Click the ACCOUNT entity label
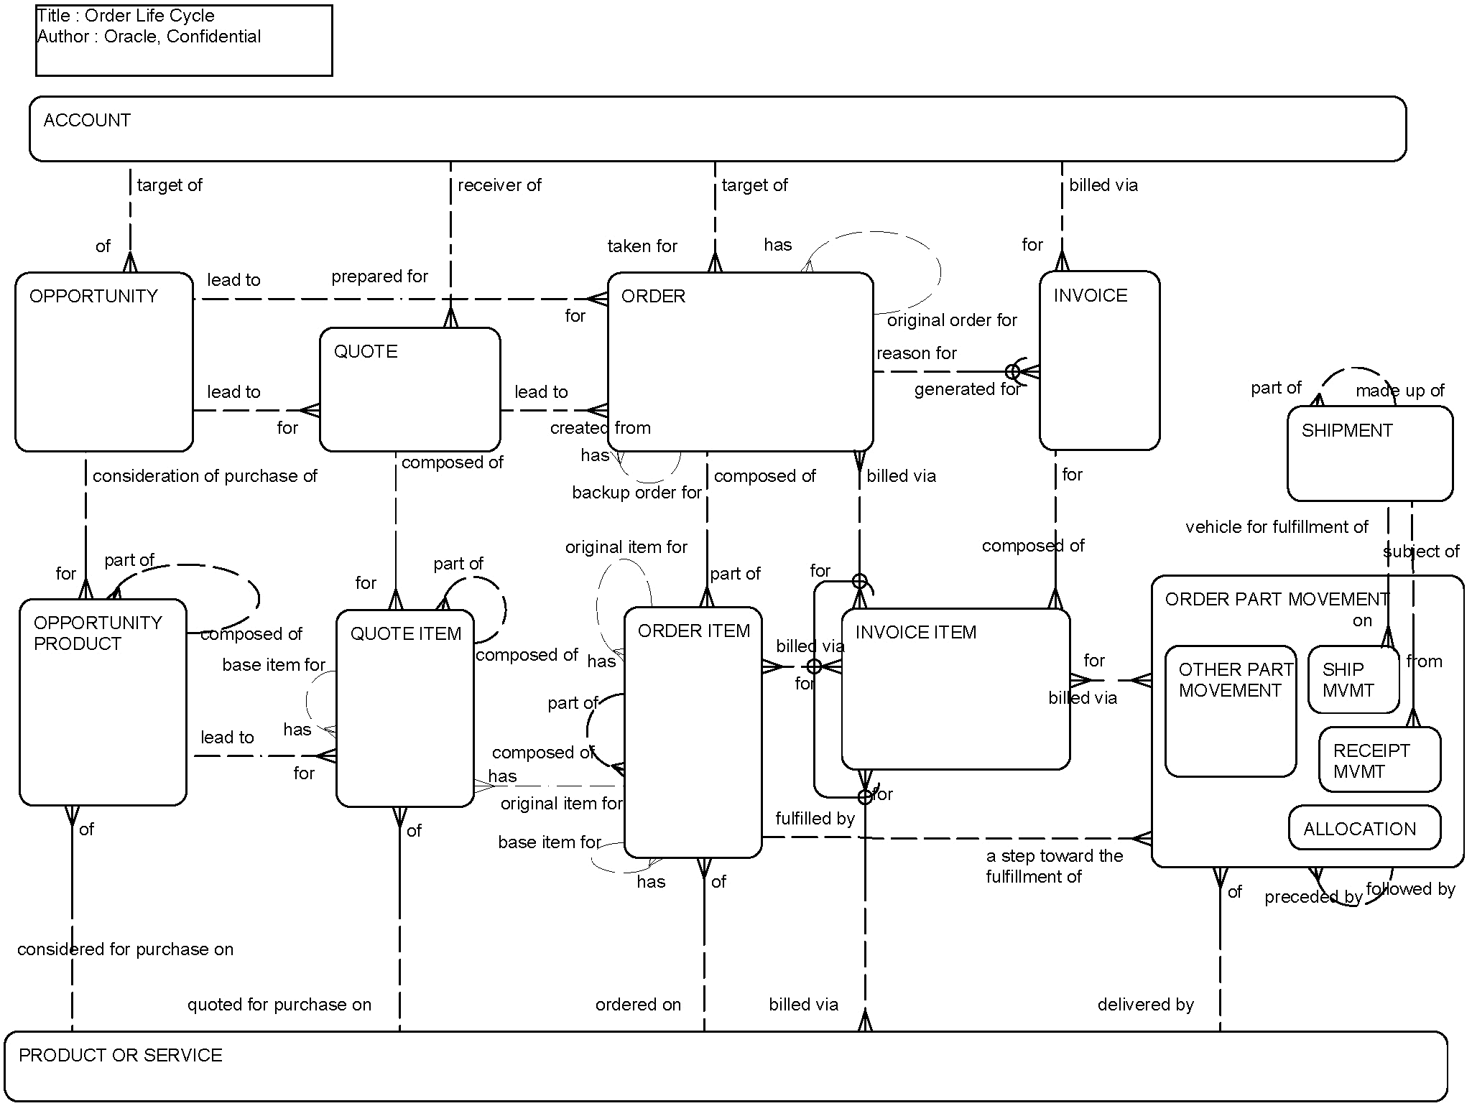[x=87, y=121]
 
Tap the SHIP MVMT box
[x=1353, y=679]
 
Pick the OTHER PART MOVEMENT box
[x=1230, y=711]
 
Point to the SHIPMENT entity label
[x=1346, y=431]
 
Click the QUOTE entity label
[x=365, y=352]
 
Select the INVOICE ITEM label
[x=915, y=633]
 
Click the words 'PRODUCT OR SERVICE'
[x=120, y=1056]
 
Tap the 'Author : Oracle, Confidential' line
[x=149, y=37]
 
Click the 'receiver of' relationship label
[x=499, y=185]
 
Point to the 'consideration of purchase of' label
[x=205, y=476]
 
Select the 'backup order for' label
[x=636, y=493]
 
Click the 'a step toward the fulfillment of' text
[x=1053, y=866]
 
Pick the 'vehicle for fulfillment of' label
[x=1276, y=527]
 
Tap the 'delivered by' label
[x=1145, y=1005]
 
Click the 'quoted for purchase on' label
[x=279, y=1005]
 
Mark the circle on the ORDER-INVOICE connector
[x=1012, y=371]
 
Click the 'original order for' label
[x=952, y=320]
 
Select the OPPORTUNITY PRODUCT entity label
[x=98, y=633]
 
